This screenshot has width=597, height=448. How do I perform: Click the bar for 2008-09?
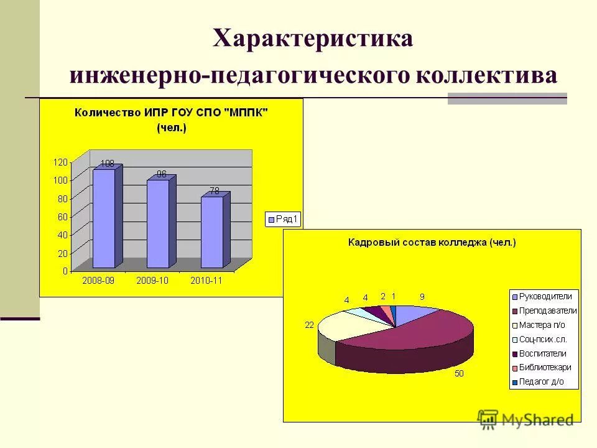coord(103,218)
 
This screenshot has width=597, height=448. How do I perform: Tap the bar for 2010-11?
coord(211,231)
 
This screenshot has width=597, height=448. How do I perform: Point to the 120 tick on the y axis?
coord(60,162)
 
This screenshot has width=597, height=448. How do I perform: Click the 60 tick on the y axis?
coord(62,217)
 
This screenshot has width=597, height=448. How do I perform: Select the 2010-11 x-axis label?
coord(206,281)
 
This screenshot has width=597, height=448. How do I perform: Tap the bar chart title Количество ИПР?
coord(171,113)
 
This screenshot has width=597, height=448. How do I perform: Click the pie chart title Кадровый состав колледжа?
coord(432,243)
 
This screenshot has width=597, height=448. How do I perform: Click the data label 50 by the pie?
coord(460,373)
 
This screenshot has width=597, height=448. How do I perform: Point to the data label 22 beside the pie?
coord(309,325)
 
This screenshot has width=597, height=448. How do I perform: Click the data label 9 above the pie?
coord(422,297)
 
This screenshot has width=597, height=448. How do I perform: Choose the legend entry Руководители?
coord(545,296)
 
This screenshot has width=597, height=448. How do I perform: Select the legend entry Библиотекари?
coord(545,368)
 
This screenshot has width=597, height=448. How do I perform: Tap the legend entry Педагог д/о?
coord(541,382)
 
